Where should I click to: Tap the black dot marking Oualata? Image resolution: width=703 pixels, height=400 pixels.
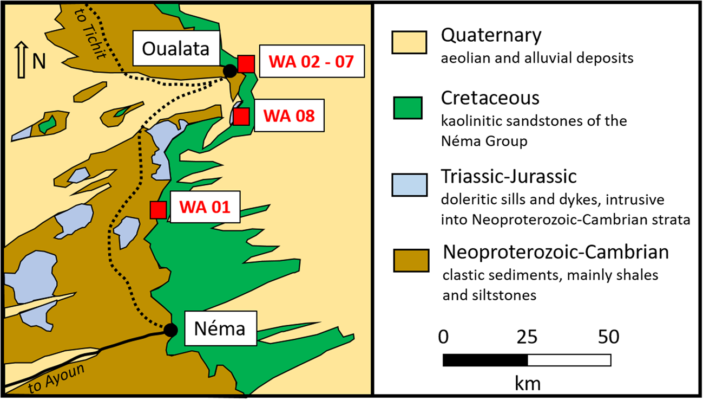(230, 70)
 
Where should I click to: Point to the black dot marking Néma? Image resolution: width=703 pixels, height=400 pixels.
(170, 330)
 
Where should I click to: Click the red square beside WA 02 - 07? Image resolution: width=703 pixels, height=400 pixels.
(246, 63)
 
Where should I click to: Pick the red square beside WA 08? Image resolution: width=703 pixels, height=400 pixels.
(241, 116)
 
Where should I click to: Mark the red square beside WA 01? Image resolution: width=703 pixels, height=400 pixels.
(158, 209)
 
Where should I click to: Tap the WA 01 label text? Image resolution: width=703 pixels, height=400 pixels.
(205, 208)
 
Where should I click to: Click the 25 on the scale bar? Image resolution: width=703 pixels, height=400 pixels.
(527, 337)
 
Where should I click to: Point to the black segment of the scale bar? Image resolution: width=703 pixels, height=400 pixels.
(485, 360)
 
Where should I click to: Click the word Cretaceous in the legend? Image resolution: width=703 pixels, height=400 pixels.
(490, 98)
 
